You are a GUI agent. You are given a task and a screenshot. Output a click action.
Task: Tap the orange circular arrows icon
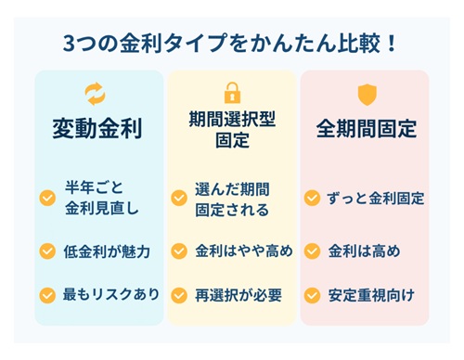(x=96, y=93)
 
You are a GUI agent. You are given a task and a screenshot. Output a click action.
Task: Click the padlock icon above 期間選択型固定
(x=231, y=93)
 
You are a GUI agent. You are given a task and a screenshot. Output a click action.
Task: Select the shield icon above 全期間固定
(x=366, y=94)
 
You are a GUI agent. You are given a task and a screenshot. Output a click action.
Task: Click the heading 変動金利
(x=97, y=128)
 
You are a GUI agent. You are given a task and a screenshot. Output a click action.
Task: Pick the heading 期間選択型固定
(x=231, y=130)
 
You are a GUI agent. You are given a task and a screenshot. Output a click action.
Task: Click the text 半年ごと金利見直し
(x=102, y=198)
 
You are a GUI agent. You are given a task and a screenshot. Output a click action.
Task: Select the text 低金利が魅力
(x=108, y=251)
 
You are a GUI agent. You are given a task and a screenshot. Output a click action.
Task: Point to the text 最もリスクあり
(x=112, y=294)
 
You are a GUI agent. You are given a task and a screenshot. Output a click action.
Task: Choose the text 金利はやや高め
(x=243, y=251)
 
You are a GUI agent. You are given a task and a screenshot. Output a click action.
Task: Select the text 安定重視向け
(x=370, y=295)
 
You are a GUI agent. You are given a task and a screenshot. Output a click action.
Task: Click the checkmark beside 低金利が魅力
(x=46, y=251)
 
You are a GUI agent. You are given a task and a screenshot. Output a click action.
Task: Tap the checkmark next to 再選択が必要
(x=179, y=296)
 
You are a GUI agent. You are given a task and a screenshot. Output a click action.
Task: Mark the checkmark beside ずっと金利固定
(x=313, y=199)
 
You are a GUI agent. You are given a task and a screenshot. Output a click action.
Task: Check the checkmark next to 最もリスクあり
(x=46, y=295)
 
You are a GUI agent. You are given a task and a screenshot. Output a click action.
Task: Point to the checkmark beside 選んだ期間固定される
(x=179, y=199)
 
